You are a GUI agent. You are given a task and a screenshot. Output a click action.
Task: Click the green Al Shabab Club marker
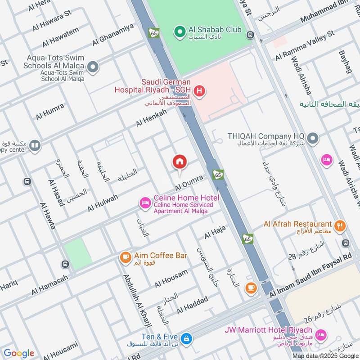pyautogui.click(x=180, y=31)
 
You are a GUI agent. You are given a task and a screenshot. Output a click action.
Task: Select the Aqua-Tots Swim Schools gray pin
pyautogui.click(x=93, y=67)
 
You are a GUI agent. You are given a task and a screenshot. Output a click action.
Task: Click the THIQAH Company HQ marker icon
pyautogui.click(x=313, y=139)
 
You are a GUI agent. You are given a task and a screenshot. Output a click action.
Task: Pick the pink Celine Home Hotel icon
pyautogui.click(x=145, y=203)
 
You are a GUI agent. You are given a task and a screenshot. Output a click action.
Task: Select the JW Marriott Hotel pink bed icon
pyautogui.click(x=320, y=334)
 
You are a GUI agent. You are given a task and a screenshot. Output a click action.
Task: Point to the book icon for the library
pyautogui.click(x=35, y=145)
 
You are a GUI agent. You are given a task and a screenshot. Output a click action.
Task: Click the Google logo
pyautogui.click(x=19, y=353)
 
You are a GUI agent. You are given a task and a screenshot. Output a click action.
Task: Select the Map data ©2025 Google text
pyautogui.click(x=331, y=355)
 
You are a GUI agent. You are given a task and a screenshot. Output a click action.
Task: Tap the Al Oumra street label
pyautogui.click(x=189, y=182)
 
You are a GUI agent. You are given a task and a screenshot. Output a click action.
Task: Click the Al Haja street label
pyautogui.click(x=214, y=233)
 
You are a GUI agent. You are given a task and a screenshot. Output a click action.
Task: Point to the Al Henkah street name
pyautogui.click(x=151, y=118)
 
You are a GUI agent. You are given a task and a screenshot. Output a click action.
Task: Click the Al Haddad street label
pyautogui.click(x=192, y=306)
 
